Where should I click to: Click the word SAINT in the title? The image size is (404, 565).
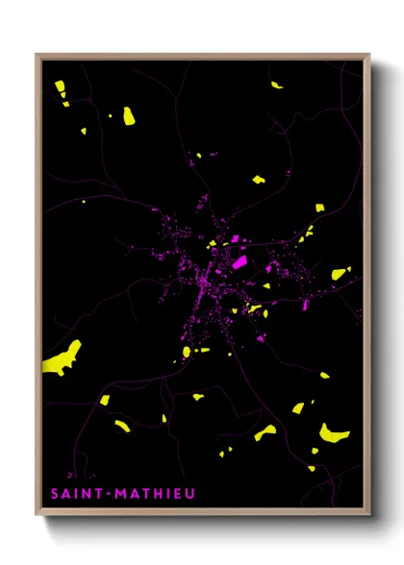(78, 494)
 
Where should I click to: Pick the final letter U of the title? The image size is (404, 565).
(189, 494)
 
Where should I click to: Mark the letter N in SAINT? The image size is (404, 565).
(88, 494)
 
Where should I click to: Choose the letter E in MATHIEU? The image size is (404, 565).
(177, 494)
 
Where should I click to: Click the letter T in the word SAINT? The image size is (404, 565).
(101, 494)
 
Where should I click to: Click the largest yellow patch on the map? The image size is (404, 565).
(63, 359)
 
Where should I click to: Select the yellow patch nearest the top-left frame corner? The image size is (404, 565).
(60, 87)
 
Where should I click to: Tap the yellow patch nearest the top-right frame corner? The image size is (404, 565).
(277, 86)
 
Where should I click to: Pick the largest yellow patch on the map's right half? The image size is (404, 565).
(334, 431)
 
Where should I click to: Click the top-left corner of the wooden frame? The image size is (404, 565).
(37, 55)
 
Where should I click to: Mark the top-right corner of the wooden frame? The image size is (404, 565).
(369, 55)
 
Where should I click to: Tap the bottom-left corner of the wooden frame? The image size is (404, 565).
(37, 515)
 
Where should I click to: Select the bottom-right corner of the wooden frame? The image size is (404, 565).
(369, 515)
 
